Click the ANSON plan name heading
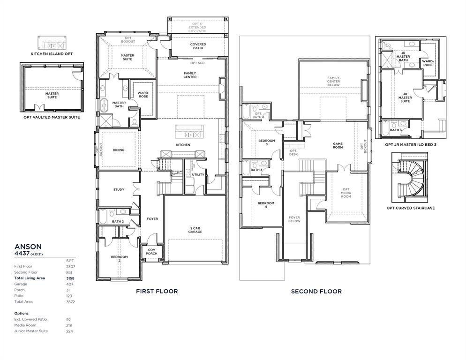(28, 246)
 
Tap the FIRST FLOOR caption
(157, 291)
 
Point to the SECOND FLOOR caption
(316, 291)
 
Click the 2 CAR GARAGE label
(195, 230)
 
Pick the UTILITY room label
(198, 174)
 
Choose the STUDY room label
(119, 189)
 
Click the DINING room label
(119, 150)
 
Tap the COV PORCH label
(151, 252)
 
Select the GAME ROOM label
(338, 145)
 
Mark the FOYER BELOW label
(294, 219)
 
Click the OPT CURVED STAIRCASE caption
(410, 208)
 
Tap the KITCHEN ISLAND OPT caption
(52, 54)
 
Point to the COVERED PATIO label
(198, 46)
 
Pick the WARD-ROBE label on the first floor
(143, 95)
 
